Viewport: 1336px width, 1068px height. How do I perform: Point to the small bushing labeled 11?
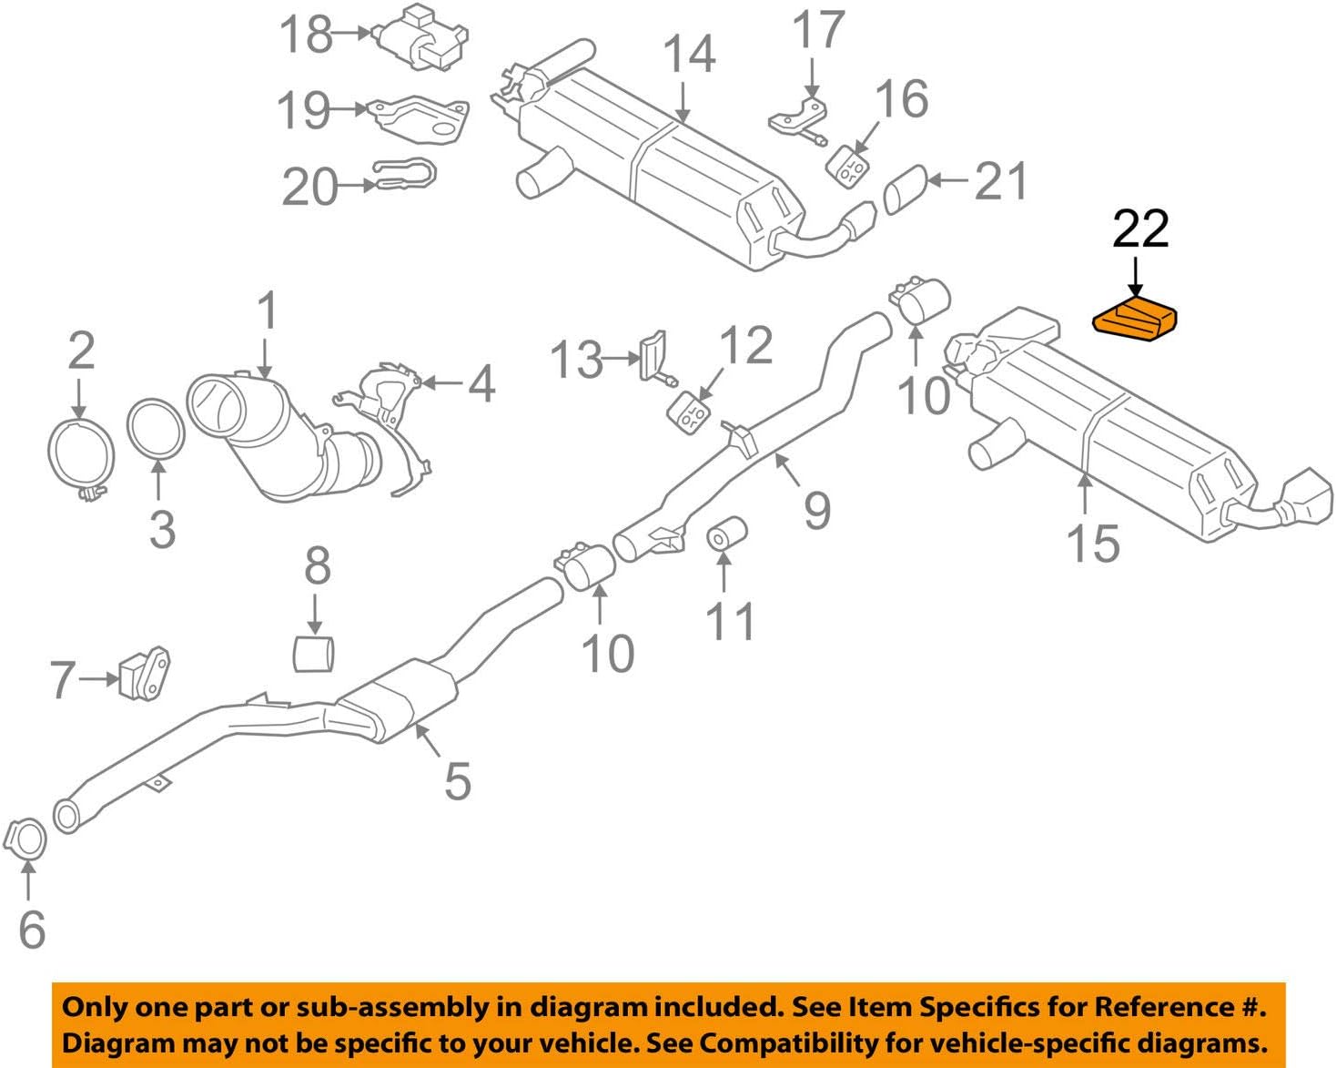tap(726, 534)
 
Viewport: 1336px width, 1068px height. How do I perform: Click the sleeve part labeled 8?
tap(314, 654)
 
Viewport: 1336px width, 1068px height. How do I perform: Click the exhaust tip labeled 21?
tap(905, 190)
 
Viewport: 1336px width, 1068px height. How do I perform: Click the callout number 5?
tap(457, 780)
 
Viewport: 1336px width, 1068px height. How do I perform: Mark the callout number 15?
tap(1092, 544)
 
